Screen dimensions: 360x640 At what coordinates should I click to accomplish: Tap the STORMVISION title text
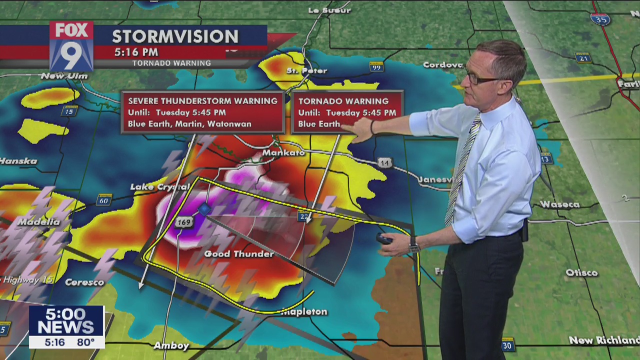point(175,36)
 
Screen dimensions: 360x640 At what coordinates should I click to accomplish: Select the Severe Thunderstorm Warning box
point(202,112)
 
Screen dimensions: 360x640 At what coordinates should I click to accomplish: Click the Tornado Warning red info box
point(347,112)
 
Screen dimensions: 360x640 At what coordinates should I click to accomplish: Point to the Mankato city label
point(283,152)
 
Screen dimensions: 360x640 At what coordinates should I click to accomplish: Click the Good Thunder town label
point(239,254)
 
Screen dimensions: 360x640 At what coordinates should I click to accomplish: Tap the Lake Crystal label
point(159,186)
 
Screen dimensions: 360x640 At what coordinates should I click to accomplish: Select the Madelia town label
point(38,221)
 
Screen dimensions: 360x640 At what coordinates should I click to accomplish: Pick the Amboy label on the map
point(171,345)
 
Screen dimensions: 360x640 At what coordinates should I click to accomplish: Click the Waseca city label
point(559,204)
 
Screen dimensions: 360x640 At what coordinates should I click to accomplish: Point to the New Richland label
point(604,340)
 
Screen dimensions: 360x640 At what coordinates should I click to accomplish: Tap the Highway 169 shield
point(184,222)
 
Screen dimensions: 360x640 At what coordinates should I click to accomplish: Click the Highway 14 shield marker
point(384,163)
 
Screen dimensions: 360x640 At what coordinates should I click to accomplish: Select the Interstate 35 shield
point(600,19)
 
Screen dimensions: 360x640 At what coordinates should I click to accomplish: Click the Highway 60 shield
point(103,200)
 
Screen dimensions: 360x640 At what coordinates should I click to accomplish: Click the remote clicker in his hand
point(384,239)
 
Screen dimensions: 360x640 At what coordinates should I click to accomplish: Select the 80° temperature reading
point(85,342)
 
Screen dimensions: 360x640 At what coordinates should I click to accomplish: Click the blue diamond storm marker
point(204,209)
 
